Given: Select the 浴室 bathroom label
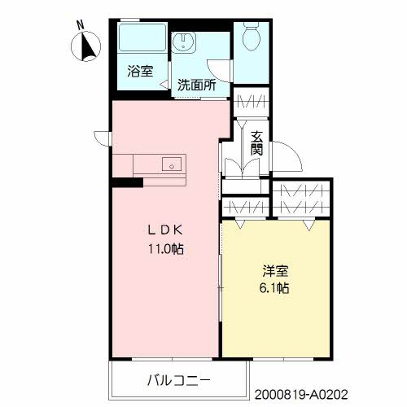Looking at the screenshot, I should pos(139,72).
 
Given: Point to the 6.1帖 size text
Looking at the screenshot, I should pos(274,289).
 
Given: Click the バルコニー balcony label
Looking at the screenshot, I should pos(179,379).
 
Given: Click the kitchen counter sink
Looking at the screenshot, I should pos(172,164).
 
